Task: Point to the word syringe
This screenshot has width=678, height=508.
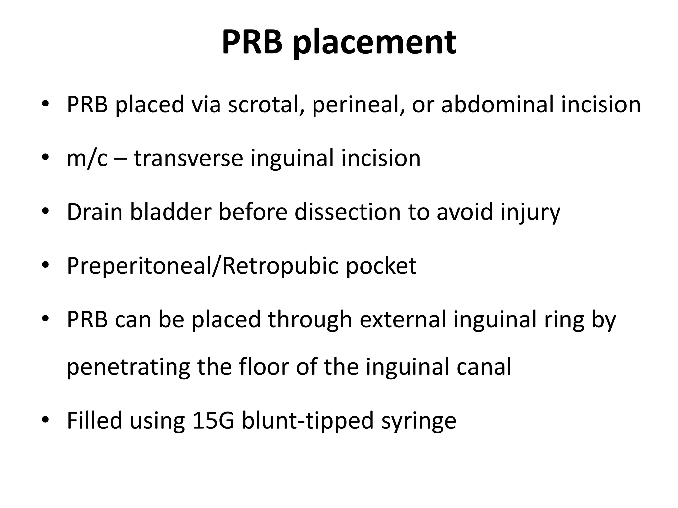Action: click(x=418, y=421)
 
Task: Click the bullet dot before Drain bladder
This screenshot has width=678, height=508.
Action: click(x=45, y=212)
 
